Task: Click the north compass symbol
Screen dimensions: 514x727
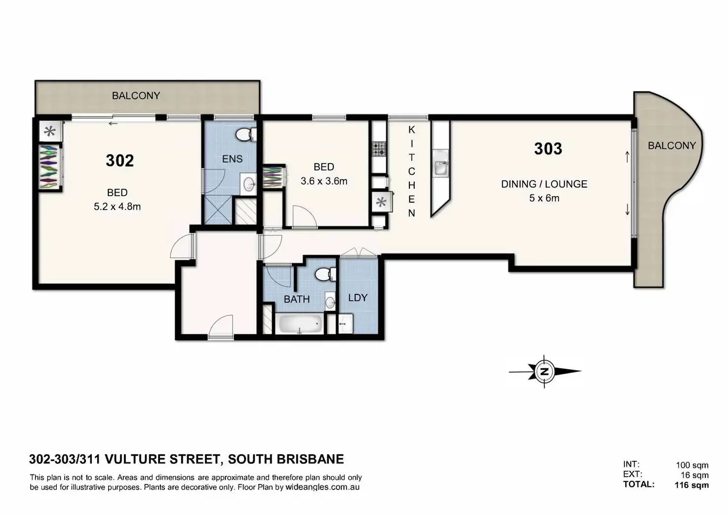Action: [x=544, y=372]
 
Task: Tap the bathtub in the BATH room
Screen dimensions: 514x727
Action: [x=301, y=324]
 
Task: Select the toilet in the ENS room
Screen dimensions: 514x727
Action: [x=245, y=134]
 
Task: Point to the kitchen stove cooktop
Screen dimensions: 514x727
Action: [x=379, y=149]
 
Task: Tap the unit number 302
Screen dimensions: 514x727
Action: [x=120, y=160]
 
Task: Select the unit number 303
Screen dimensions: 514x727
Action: [x=548, y=149]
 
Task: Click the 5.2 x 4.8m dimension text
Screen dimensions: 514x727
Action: [x=117, y=207]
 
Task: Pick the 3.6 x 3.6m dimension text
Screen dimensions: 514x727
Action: [x=323, y=181]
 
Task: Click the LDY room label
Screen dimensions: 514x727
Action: [x=358, y=298]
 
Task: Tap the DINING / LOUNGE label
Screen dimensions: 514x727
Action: [x=544, y=184]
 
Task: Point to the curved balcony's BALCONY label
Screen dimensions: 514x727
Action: [x=671, y=146]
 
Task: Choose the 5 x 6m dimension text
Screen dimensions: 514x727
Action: [x=544, y=198]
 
